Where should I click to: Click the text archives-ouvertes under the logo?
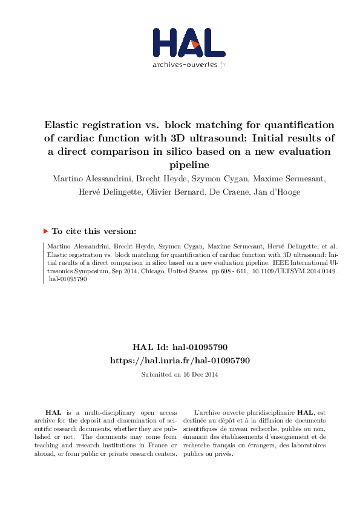pos(185,64)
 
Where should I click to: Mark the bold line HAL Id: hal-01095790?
pos(180,347)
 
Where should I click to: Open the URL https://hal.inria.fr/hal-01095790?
pos(180,360)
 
